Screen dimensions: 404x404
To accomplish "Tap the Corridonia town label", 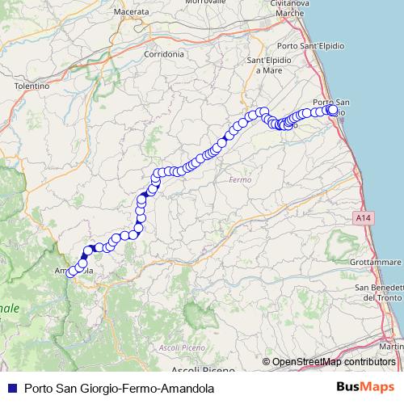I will tap(163, 53).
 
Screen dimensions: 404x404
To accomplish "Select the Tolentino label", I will tap(32, 85).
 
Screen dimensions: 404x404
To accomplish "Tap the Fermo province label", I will tap(241, 179).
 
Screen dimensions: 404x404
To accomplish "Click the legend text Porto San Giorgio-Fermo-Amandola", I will tap(120, 388).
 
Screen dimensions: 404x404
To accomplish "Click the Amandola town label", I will tap(72, 271).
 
